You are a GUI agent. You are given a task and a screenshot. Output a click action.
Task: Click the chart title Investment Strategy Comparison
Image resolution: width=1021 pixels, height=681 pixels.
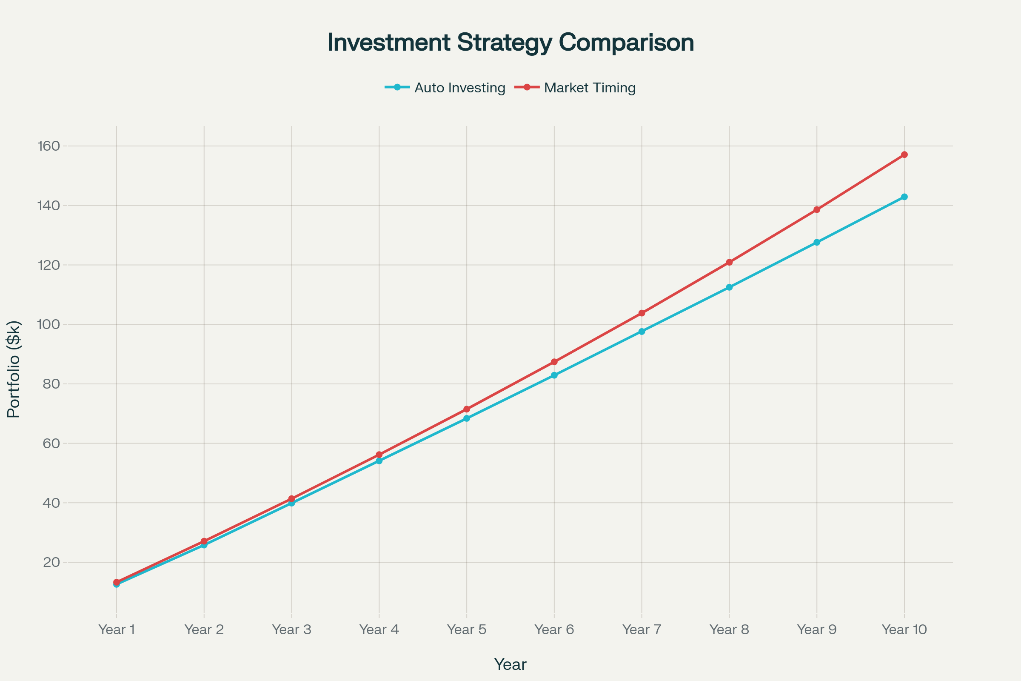pos(510,43)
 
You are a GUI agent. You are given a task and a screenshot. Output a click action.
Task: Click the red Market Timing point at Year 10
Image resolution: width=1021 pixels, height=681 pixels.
pos(904,155)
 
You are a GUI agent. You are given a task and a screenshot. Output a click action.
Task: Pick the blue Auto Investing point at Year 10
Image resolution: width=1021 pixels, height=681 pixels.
pos(904,197)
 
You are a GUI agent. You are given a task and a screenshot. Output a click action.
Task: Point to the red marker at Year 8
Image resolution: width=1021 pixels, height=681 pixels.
pos(729,262)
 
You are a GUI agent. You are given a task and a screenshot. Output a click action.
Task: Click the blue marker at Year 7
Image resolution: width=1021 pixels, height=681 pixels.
pos(642,332)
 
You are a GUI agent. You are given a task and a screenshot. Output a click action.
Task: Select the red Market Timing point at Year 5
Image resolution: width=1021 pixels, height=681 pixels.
pos(467,409)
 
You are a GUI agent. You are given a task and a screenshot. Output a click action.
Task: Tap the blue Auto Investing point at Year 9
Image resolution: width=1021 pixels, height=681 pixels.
pos(817,242)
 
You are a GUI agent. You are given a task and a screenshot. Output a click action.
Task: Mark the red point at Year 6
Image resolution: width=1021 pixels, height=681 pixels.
pos(554,362)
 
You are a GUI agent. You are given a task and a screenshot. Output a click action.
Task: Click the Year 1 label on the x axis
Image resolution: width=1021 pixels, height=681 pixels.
pos(116,630)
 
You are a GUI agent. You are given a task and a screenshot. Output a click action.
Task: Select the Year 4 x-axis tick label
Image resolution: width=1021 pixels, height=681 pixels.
pos(379,630)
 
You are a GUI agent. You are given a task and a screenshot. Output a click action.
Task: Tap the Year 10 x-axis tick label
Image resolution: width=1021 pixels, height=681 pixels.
pos(904,630)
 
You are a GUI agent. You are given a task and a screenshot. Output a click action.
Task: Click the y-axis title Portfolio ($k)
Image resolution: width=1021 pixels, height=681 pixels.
pos(14,369)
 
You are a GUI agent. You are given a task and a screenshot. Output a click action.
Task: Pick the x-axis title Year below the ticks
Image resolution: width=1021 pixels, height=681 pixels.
pos(510,664)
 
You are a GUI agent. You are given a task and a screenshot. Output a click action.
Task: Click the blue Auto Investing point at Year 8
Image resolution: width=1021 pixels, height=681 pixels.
pos(729,287)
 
